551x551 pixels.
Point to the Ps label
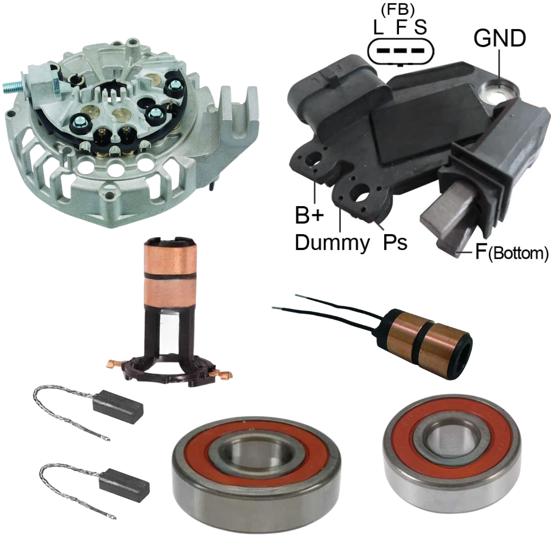[395, 242]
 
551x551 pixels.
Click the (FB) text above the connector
[397, 10]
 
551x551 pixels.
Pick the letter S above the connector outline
[420, 27]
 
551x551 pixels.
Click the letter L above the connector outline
[378, 27]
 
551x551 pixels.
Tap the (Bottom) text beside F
[518, 253]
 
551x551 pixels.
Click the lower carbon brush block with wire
[124, 485]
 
